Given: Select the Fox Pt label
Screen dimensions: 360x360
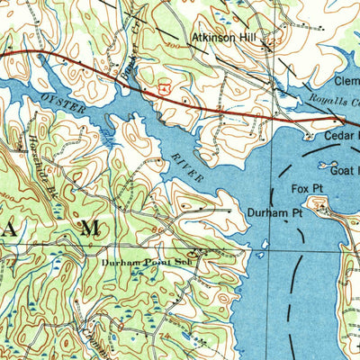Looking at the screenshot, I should (305, 188).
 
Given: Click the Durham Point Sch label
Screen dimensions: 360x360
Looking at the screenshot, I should (146, 263).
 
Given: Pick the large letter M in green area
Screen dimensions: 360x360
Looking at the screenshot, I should (88, 229).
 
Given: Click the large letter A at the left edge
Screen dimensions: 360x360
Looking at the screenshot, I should (6, 229).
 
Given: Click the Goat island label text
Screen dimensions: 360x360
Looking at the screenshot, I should (345, 168).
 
